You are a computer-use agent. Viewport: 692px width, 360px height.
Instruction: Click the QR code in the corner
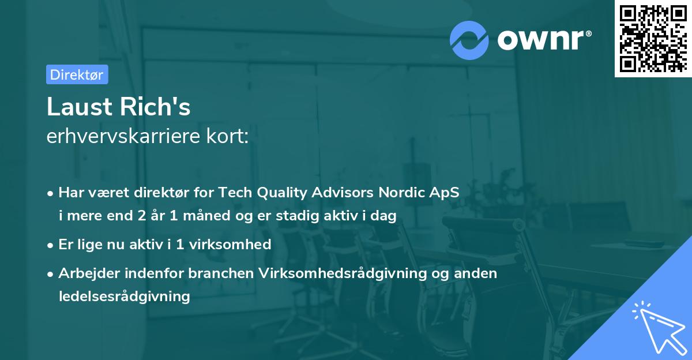click(x=653, y=38)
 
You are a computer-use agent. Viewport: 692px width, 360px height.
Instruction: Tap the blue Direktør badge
click(x=77, y=74)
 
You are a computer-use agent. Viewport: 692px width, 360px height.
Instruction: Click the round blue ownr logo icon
click(x=469, y=40)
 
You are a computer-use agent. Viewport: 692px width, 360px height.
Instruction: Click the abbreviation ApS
click(x=448, y=193)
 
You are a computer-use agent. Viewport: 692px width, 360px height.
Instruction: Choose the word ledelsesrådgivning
click(x=124, y=297)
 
